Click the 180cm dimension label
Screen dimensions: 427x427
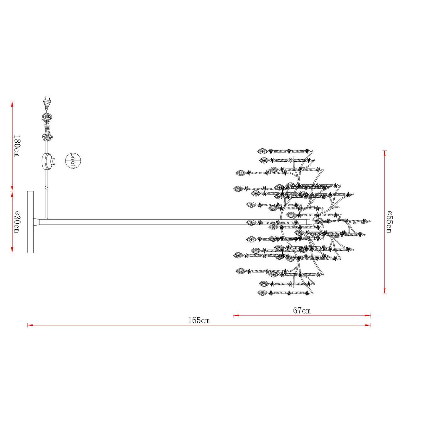pos(17,145)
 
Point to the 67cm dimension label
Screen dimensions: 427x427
pos(302,310)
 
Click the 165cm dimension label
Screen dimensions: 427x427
pos(199,320)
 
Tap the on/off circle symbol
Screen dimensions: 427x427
pos(73,161)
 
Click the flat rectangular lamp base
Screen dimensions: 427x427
pos(30,222)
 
